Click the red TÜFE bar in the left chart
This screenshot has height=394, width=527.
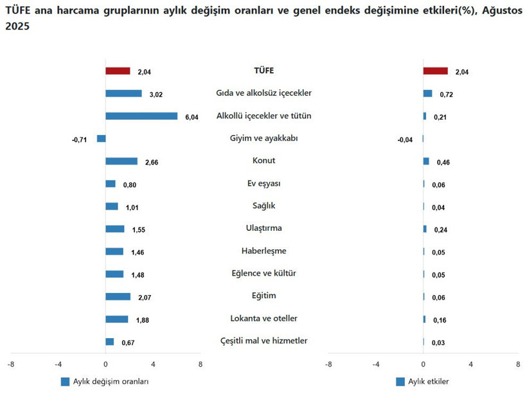118,71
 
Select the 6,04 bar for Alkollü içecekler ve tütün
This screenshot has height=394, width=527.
141,116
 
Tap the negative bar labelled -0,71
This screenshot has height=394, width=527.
101,139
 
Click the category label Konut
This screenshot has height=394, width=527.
263,161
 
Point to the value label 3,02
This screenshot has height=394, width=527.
156,94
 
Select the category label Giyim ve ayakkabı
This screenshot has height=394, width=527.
263,138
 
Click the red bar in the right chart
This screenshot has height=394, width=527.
435,71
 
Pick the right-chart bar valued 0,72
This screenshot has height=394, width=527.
427,94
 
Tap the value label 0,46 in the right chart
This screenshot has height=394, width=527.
442,163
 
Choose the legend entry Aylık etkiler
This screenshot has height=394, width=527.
428,381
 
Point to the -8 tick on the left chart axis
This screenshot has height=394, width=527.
10,364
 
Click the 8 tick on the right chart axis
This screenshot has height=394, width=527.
518,364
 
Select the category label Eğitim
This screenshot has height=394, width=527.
263,296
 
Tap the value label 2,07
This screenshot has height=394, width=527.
144,298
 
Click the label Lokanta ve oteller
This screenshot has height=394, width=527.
263,318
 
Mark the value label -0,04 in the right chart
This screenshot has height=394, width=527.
405,140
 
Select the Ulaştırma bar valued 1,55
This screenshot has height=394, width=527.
114,229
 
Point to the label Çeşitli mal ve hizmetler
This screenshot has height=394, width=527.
263,341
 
